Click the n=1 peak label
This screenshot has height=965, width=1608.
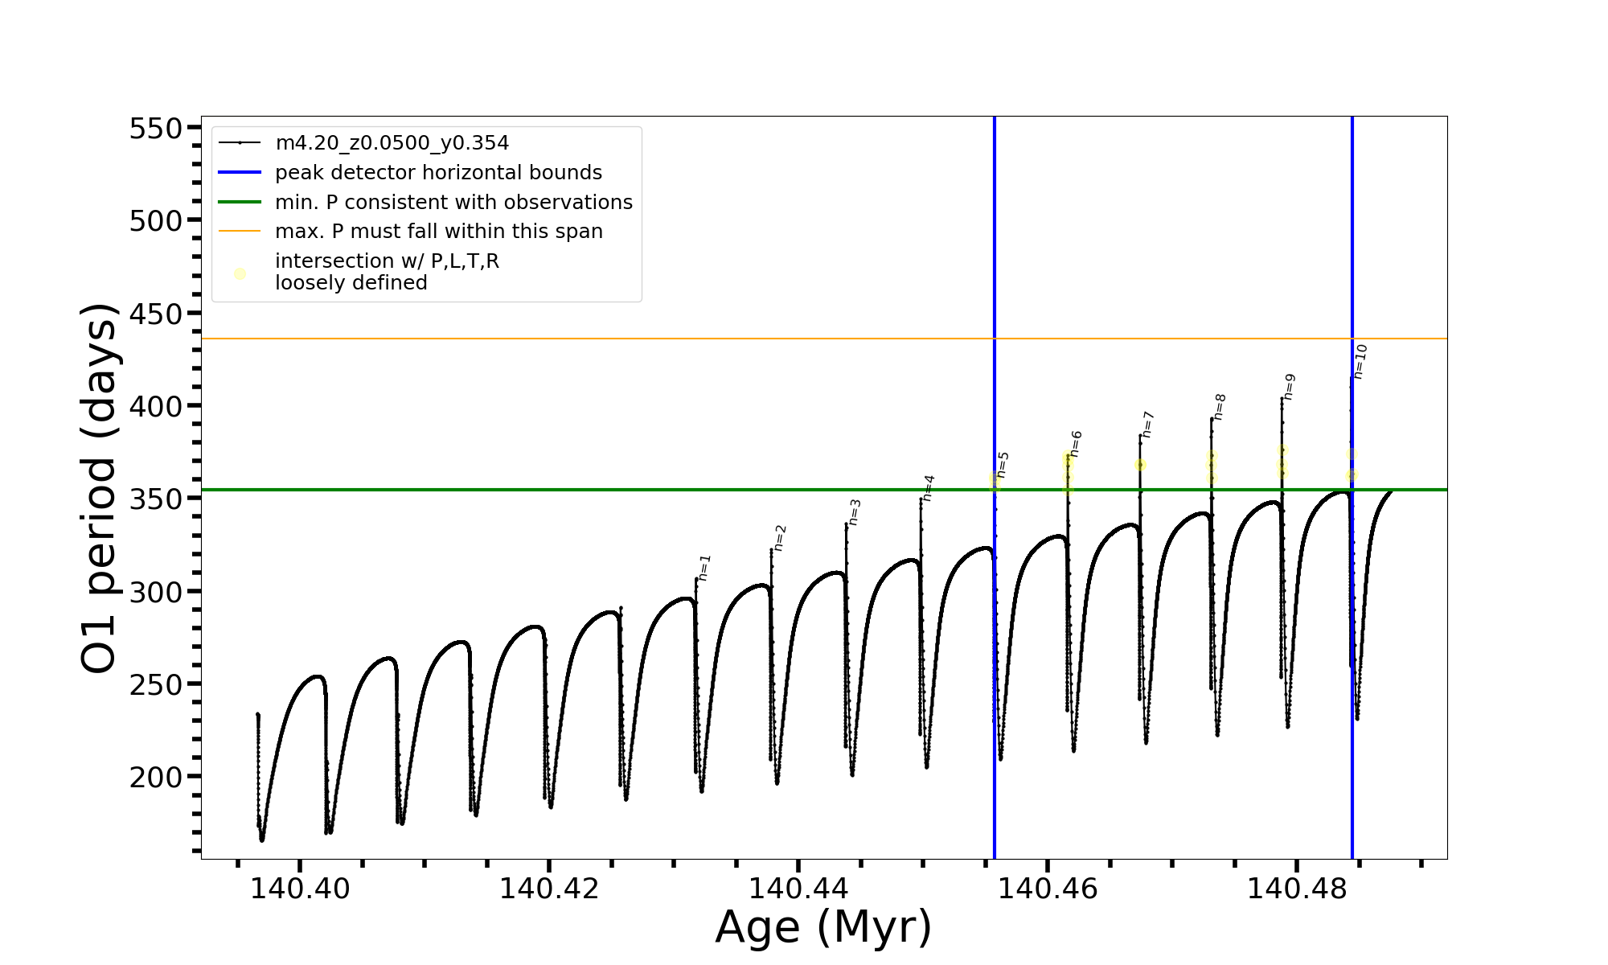705,568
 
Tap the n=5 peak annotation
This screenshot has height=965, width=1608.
1003,465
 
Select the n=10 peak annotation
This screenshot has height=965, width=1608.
1360,361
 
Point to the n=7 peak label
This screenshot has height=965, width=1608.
1148,425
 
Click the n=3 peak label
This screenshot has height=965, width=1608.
855,512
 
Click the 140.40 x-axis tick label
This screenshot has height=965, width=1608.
300,889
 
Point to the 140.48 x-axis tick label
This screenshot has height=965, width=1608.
1297,889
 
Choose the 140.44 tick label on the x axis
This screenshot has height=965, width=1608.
798,889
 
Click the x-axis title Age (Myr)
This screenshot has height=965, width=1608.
823,927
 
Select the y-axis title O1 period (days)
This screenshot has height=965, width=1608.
100,487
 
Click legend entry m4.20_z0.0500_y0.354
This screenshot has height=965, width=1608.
392,143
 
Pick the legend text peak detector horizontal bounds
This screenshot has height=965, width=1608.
438,173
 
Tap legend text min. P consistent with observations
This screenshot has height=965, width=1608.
453,202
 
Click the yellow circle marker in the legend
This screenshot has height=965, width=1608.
240,273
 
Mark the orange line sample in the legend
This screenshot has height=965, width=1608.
240,232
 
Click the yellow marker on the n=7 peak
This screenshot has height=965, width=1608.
1140,465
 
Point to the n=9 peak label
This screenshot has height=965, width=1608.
1290,387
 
